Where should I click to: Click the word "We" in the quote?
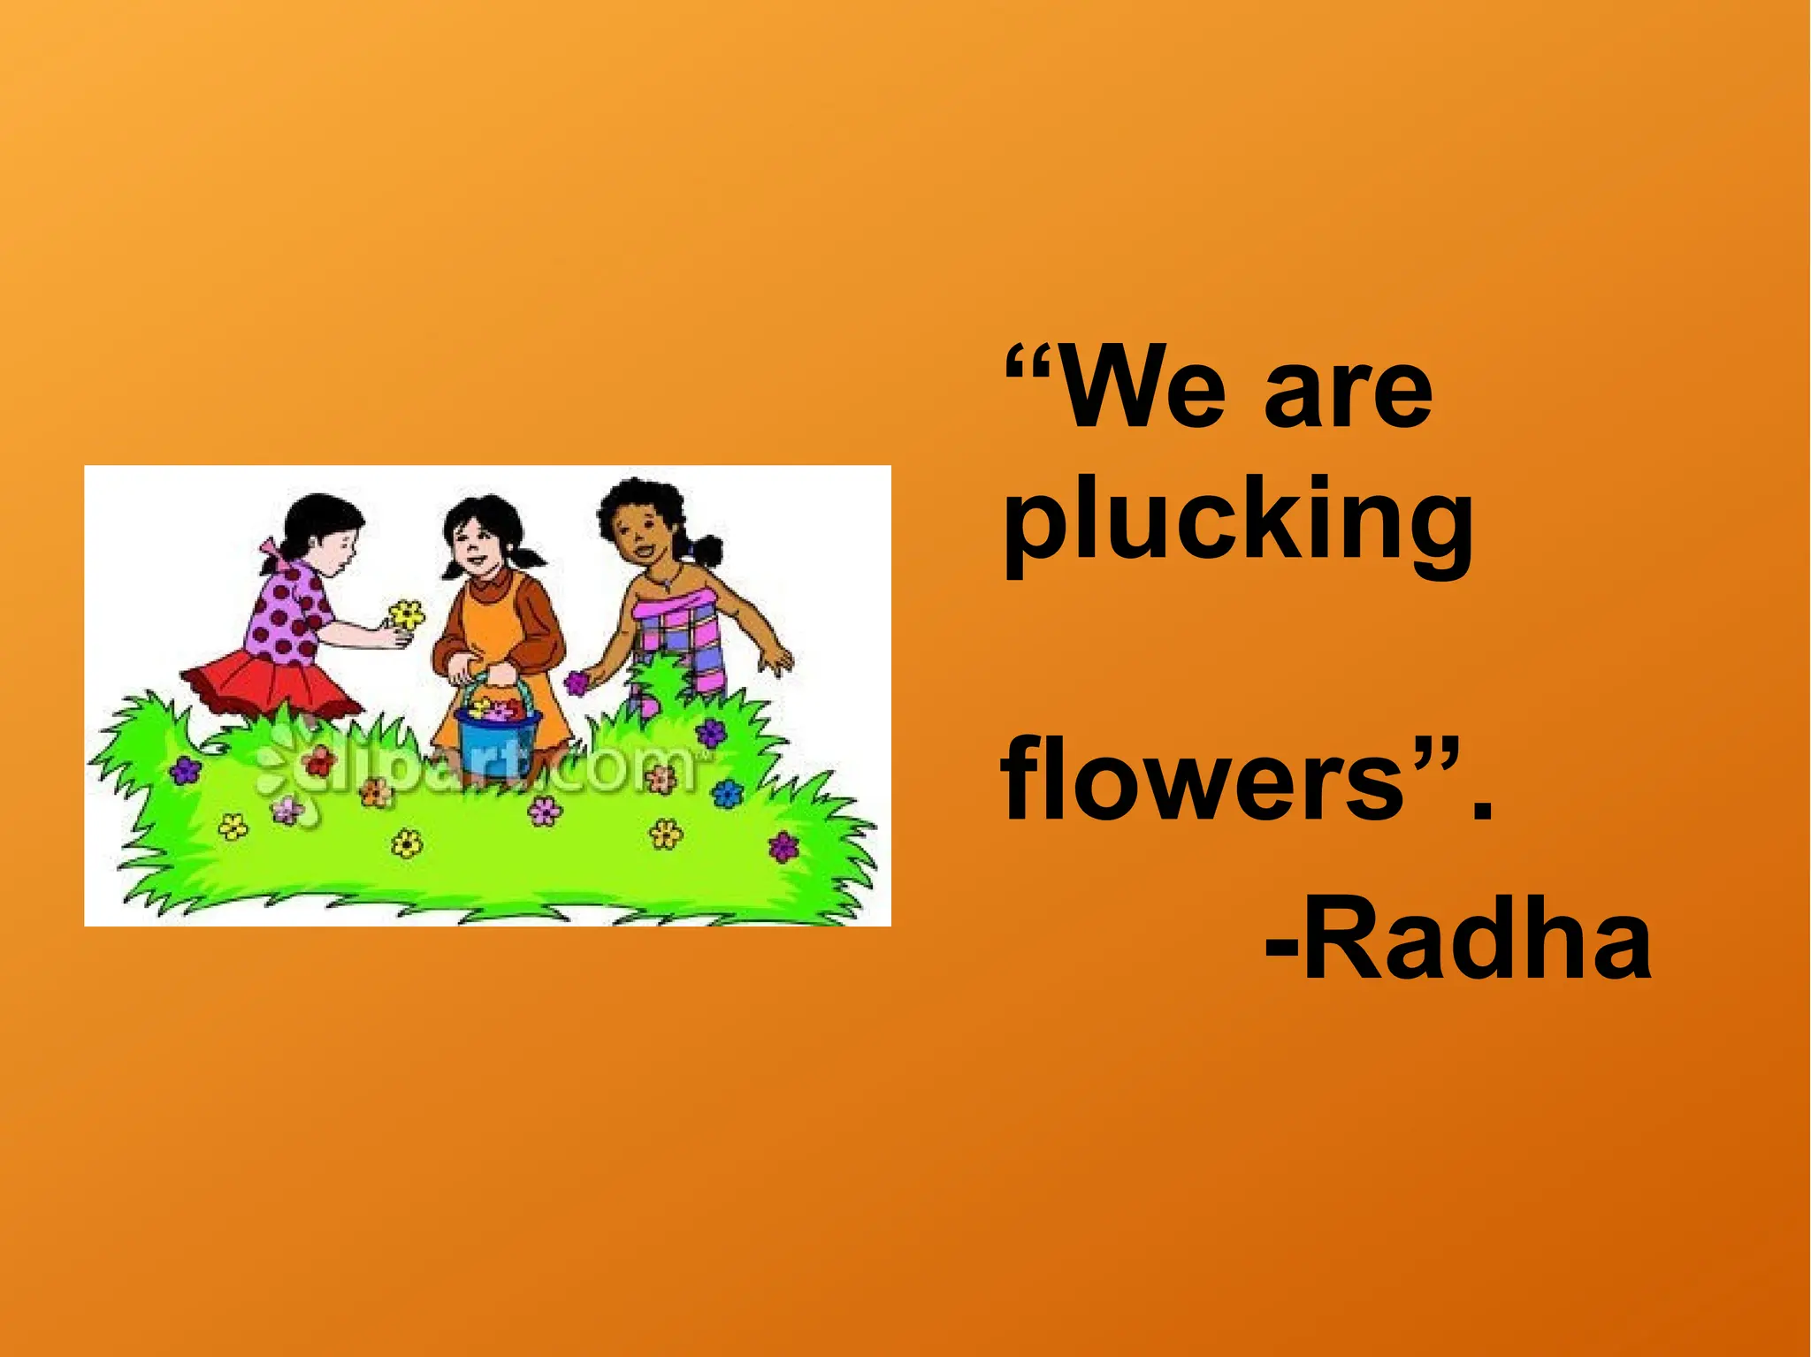point(1142,390)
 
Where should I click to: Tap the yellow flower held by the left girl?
point(407,614)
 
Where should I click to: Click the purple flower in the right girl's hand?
point(577,682)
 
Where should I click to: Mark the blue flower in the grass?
point(727,793)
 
